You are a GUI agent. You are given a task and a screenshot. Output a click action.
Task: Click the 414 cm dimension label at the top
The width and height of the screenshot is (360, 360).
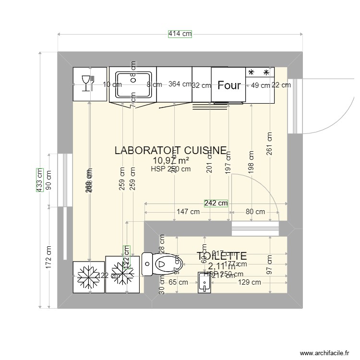tap(180, 34)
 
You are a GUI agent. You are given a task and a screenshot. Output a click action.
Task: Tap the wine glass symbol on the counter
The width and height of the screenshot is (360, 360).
tap(87, 83)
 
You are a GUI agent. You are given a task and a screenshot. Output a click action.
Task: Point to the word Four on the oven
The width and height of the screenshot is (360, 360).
tap(229, 85)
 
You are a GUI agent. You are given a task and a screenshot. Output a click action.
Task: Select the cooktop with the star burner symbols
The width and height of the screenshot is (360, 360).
tap(260, 73)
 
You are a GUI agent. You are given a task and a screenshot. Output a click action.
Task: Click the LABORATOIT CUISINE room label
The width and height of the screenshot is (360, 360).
tap(170, 150)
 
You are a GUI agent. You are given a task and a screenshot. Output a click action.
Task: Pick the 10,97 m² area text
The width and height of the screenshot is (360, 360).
tap(170, 160)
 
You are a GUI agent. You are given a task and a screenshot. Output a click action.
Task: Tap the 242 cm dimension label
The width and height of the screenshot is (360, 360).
tap(216, 203)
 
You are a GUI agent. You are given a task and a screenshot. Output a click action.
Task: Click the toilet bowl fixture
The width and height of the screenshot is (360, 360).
tap(159, 264)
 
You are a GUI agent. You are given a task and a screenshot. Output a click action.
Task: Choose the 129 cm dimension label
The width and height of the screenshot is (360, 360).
tap(250, 283)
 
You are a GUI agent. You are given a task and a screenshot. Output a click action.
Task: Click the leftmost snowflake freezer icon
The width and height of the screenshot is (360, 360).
tap(88, 277)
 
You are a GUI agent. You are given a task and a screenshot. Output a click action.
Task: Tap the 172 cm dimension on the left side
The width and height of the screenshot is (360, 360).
tap(49, 258)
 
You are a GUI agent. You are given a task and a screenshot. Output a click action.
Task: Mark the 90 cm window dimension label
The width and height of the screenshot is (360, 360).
tap(49, 180)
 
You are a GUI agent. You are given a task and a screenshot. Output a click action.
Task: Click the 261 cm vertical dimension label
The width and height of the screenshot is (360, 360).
tap(269, 144)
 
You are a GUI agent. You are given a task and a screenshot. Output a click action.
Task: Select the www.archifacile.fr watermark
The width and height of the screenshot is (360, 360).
tap(324, 353)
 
